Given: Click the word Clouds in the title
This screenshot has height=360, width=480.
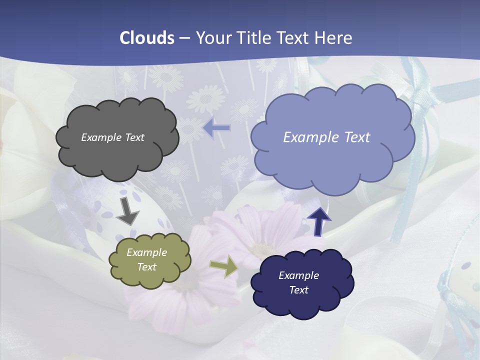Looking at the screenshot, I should (147, 38).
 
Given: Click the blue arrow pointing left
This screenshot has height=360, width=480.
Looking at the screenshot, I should (216, 128).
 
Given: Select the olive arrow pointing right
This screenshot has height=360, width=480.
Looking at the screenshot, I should (224, 267).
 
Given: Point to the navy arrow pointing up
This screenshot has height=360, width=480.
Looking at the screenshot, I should (318, 222).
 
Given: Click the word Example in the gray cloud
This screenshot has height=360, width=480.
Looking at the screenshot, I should (101, 137).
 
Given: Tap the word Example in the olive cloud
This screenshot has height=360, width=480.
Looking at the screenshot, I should (146, 252).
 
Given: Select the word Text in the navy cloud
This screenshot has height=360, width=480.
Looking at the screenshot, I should (298, 290).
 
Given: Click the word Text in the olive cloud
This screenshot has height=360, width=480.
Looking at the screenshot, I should (146, 267).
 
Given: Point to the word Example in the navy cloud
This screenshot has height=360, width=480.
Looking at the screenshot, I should (298, 275).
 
